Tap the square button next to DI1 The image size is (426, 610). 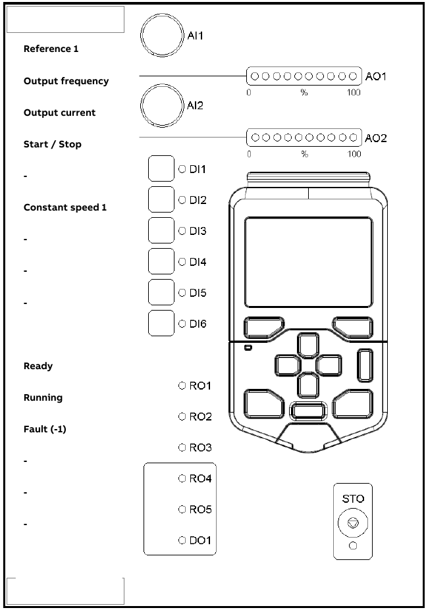point(161,169)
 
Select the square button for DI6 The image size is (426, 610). point(161,323)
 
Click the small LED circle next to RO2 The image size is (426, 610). point(182,417)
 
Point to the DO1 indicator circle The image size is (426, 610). point(182,540)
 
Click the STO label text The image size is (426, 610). point(353,499)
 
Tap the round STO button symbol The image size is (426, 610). point(353,524)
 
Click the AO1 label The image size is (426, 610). point(376,76)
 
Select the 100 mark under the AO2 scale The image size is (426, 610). point(354,154)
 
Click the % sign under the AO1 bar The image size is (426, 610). point(304,93)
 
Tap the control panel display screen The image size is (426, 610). point(308,263)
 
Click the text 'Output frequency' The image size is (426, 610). point(66,81)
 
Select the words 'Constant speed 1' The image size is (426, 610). point(65,207)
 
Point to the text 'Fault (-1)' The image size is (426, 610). point(45,429)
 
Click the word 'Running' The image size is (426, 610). point(43,397)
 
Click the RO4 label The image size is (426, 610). point(200,478)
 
